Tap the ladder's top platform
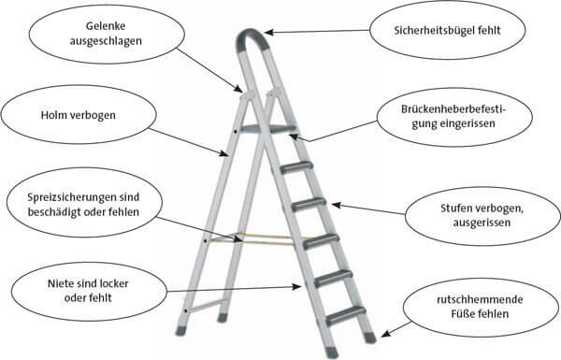pyautogui.click(x=266, y=128)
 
